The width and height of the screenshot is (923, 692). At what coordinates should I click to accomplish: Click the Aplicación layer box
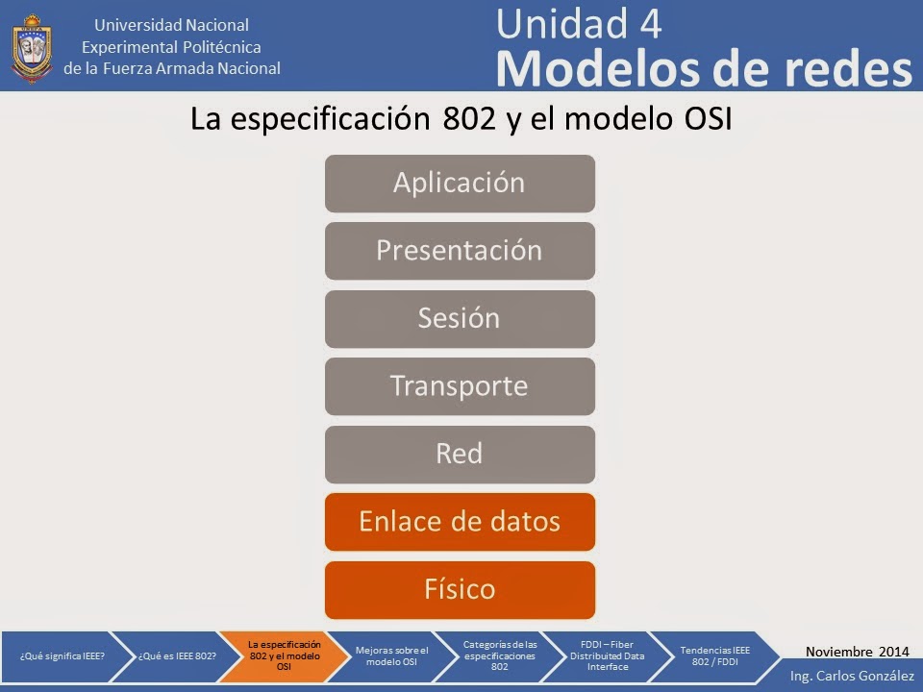(460, 184)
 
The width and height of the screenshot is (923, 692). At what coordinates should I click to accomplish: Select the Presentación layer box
(460, 251)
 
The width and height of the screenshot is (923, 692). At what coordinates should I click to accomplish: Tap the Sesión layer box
(460, 319)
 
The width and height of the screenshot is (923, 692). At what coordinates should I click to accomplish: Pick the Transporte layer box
(460, 386)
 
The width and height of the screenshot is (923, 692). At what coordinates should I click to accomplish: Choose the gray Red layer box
(460, 455)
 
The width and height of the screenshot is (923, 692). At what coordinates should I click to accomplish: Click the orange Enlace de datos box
(460, 522)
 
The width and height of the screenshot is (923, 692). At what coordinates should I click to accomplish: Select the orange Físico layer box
(460, 589)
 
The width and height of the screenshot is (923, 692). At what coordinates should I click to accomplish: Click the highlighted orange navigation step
(284, 655)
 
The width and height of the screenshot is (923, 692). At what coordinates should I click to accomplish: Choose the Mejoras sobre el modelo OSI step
(391, 655)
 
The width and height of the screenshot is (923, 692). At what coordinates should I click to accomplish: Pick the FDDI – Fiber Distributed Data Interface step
(606, 655)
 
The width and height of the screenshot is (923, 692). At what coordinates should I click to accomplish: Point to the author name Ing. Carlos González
(852, 677)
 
